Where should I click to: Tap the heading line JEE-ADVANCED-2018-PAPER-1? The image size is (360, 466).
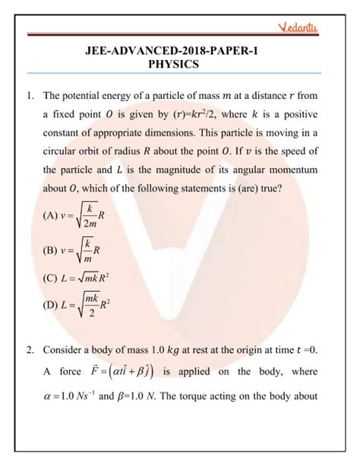click(x=179, y=50)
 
